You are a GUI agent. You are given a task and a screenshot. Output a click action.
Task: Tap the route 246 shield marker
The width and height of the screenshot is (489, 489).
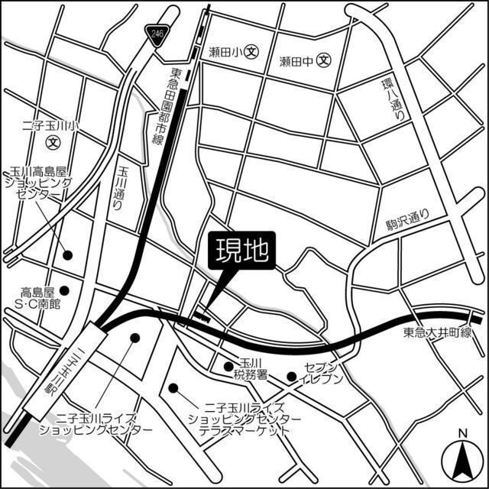pyautogui.click(x=157, y=34)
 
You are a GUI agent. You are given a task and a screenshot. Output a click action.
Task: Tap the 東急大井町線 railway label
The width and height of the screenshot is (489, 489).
pyautogui.click(x=439, y=334)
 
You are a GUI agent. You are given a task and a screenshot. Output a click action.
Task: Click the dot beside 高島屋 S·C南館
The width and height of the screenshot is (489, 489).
pyautogui.click(x=66, y=290)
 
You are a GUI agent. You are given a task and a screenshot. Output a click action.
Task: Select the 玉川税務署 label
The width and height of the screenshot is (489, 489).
pyautogui.click(x=251, y=371)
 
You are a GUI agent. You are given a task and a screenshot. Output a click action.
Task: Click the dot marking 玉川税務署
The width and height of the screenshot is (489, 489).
pyautogui.click(x=228, y=366)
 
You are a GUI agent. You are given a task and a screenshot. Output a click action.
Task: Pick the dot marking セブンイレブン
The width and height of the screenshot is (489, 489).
pyautogui.click(x=291, y=376)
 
